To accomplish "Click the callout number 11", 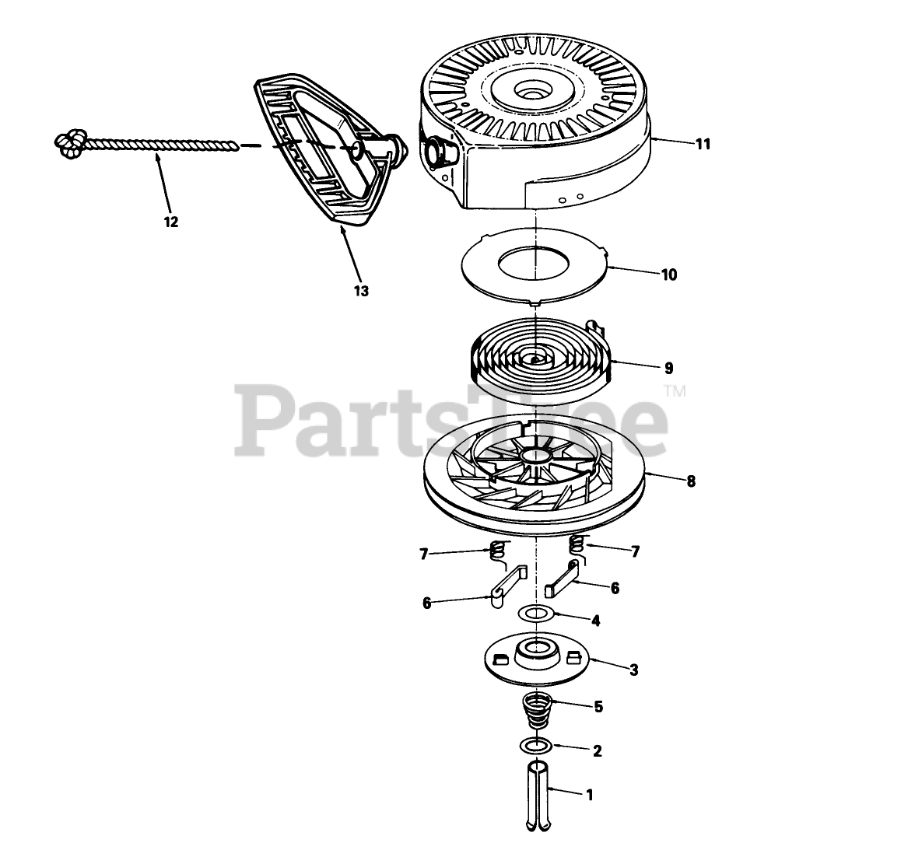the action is coord(703,144).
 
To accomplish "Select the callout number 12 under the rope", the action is coord(171,222).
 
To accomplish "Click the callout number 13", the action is coord(361,291).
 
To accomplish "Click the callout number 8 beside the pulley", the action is coord(691,481).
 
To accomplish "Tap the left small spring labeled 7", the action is coord(496,553).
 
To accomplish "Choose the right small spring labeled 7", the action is coord(577,544).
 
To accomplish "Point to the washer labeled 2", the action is coord(536,747).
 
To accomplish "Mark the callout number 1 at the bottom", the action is coord(589,795).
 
